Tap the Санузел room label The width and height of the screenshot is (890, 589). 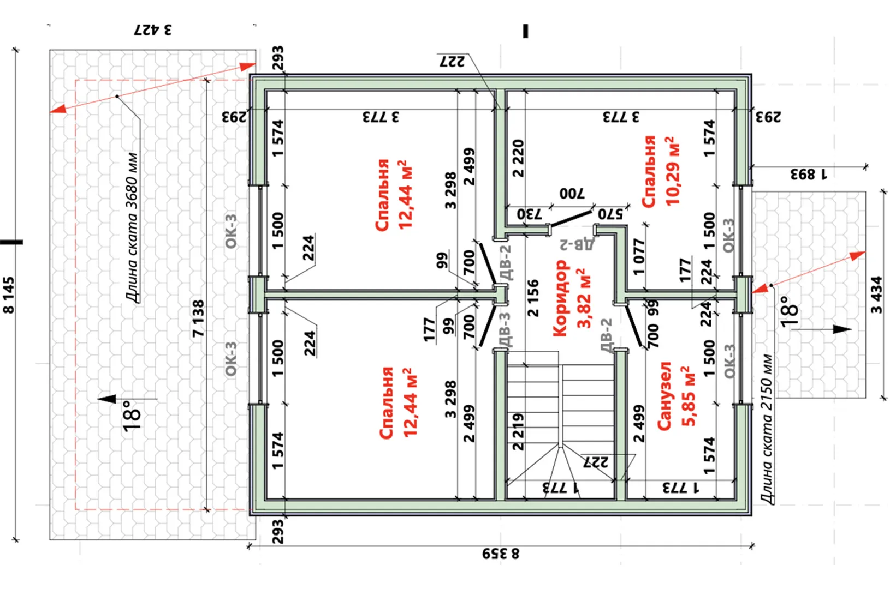(x=664, y=396)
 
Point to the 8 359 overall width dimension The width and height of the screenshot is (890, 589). (x=501, y=554)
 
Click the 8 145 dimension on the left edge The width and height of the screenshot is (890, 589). (x=9, y=295)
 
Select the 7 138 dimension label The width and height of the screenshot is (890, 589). (x=198, y=318)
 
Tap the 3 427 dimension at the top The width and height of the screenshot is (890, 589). (x=153, y=29)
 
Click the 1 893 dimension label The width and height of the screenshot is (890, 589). (x=809, y=175)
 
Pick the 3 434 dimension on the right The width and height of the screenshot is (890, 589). (x=876, y=295)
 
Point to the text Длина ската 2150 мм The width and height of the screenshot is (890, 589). (x=767, y=429)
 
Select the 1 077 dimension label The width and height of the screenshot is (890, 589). (x=639, y=256)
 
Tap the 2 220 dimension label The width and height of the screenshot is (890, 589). (x=518, y=159)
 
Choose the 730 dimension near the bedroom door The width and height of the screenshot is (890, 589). (x=529, y=214)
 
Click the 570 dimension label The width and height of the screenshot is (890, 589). (x=610, y=214)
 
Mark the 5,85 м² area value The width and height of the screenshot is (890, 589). (x=689, y=396)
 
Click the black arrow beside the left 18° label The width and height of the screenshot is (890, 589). (x=108, y=399)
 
